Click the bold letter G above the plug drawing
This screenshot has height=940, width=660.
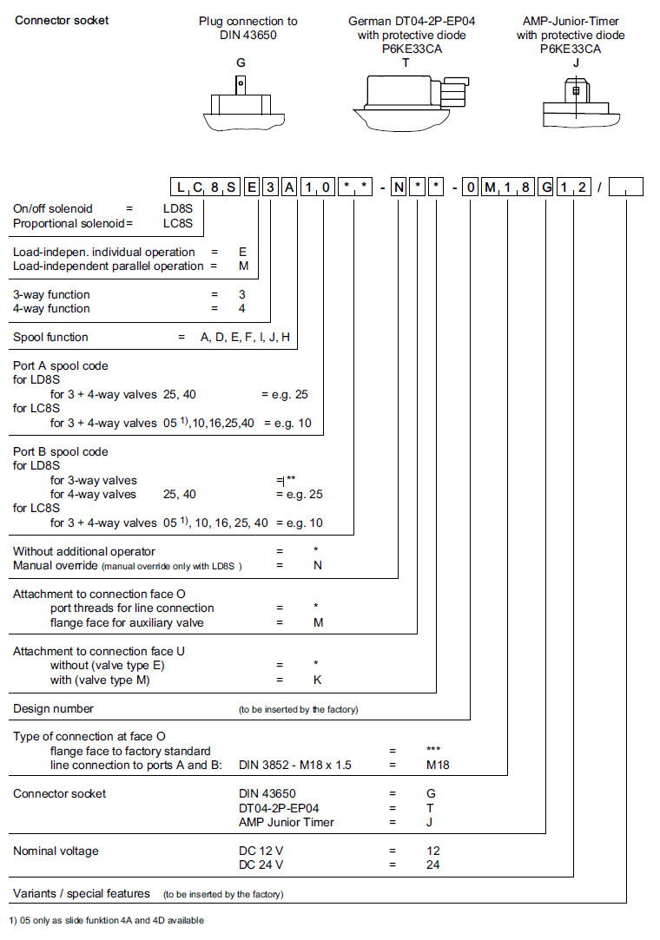coord(241,63)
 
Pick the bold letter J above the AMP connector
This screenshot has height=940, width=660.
coord(571,63)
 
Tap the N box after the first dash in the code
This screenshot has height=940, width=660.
coord(398,187)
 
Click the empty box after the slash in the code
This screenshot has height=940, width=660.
coord(626,187)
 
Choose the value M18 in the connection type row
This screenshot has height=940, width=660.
coord(438,765)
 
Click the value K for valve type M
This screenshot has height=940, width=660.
coord(318,680)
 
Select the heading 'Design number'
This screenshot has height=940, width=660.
coord(53,709)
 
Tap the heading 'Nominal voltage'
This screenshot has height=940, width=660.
coord(56,851)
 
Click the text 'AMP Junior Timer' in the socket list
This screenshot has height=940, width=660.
coord(286,822)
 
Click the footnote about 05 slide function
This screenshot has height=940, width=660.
coord(107,920)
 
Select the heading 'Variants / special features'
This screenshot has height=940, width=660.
coord(82,893)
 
